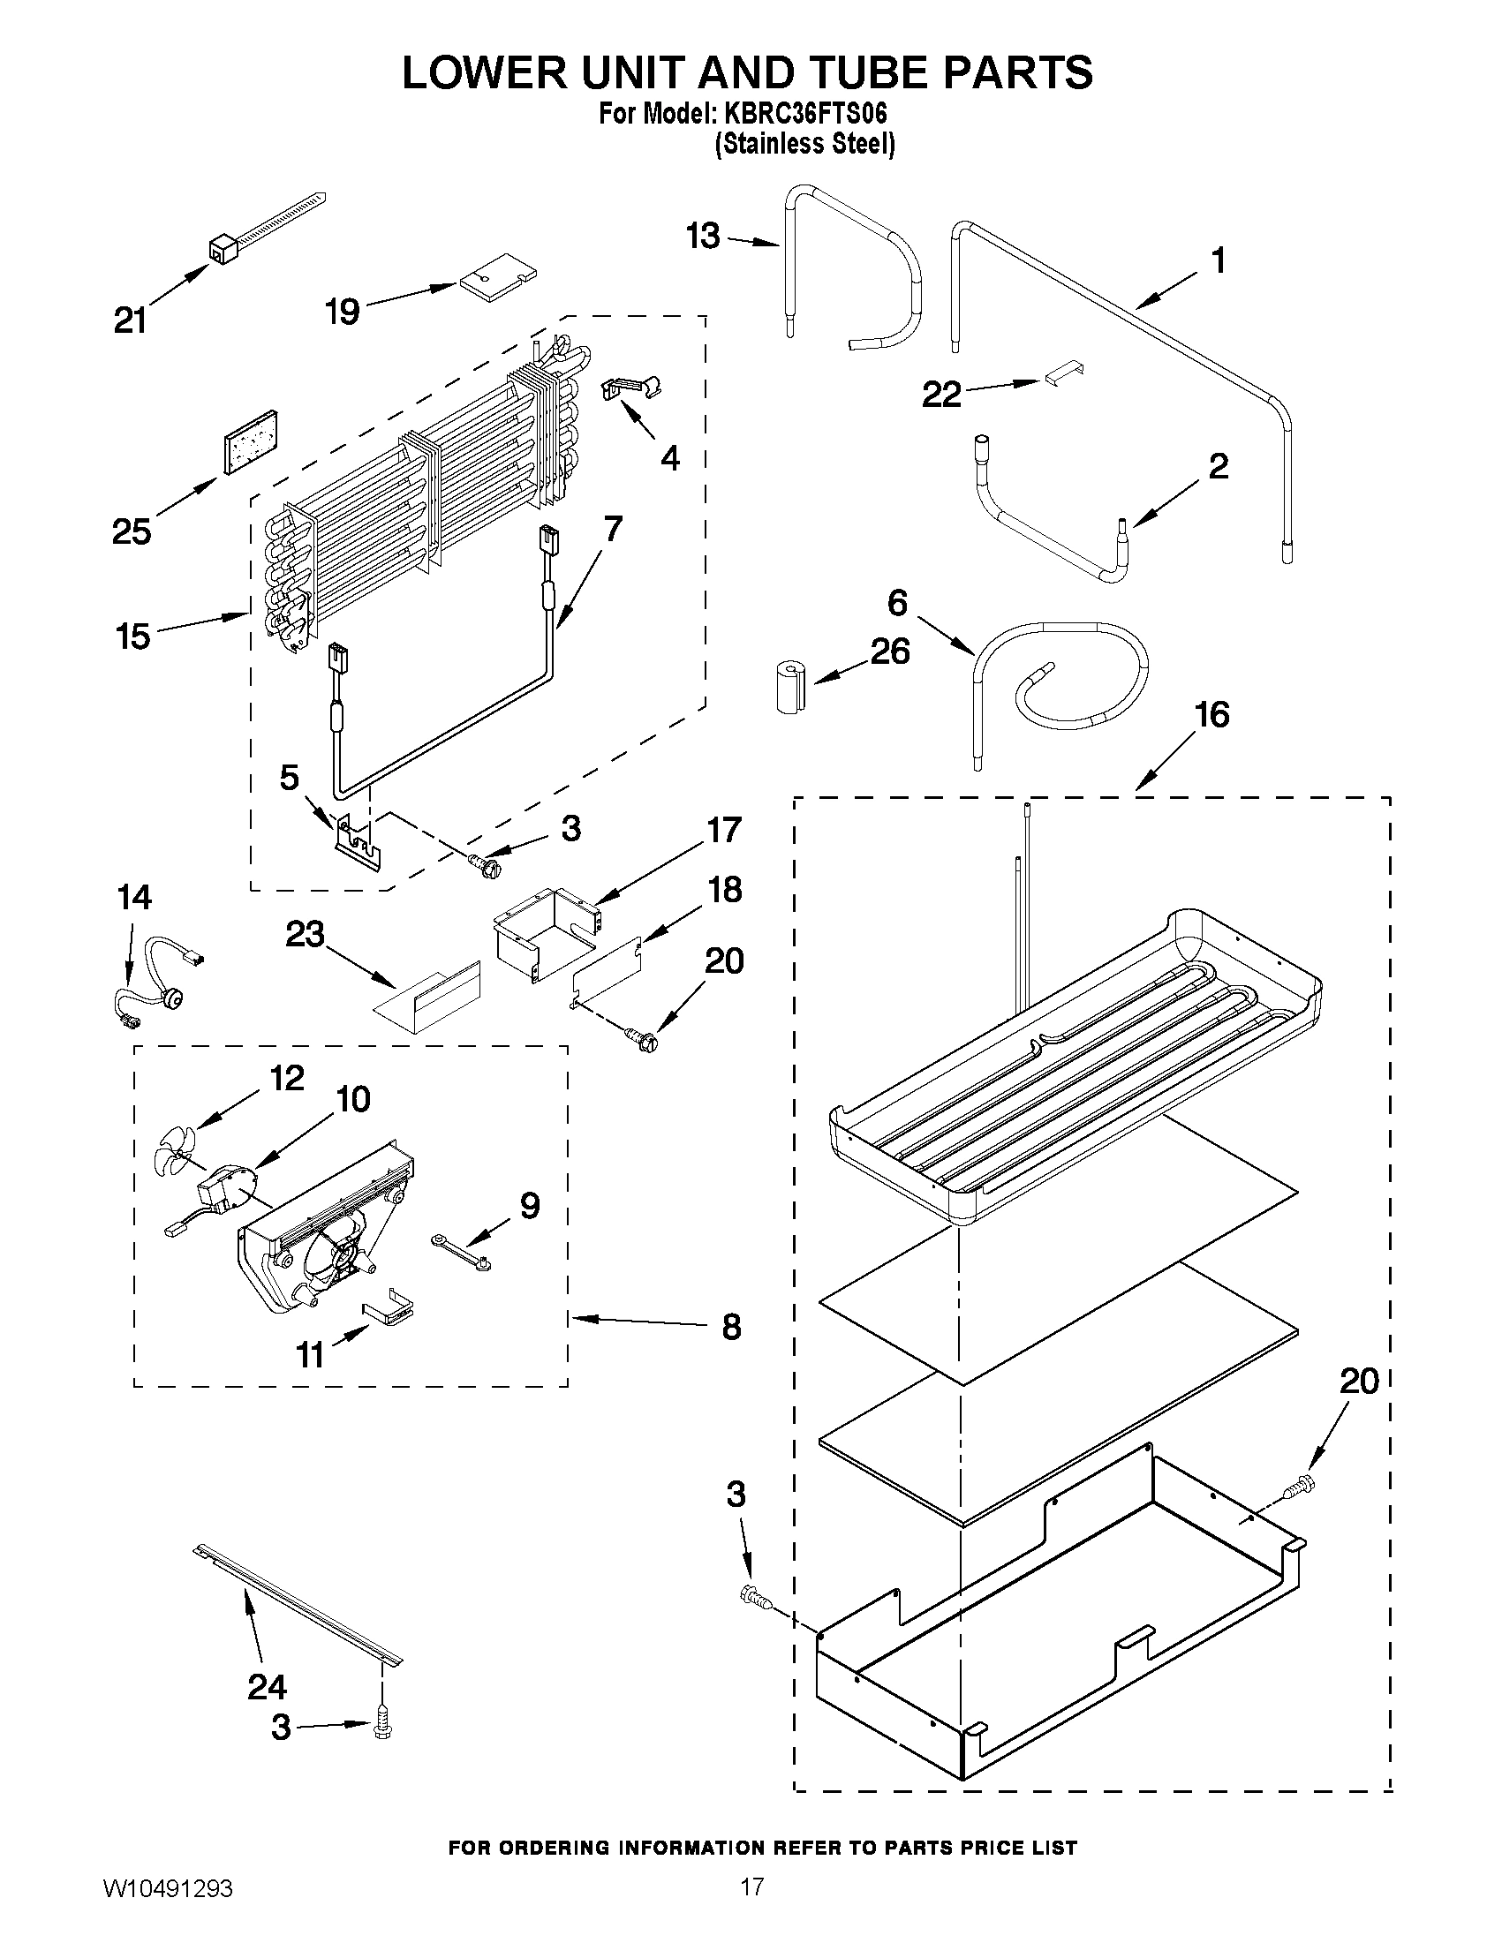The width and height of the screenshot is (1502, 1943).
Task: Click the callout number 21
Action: [x=130, y=320]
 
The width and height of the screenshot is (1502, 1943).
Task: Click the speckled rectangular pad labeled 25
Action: [x=250, y=445]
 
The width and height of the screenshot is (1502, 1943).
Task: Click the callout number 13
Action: [x=703, y=236]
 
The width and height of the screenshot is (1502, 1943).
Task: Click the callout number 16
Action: [x=1211, y=714]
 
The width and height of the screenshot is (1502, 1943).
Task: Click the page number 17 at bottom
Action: [x=752, y=1905]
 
